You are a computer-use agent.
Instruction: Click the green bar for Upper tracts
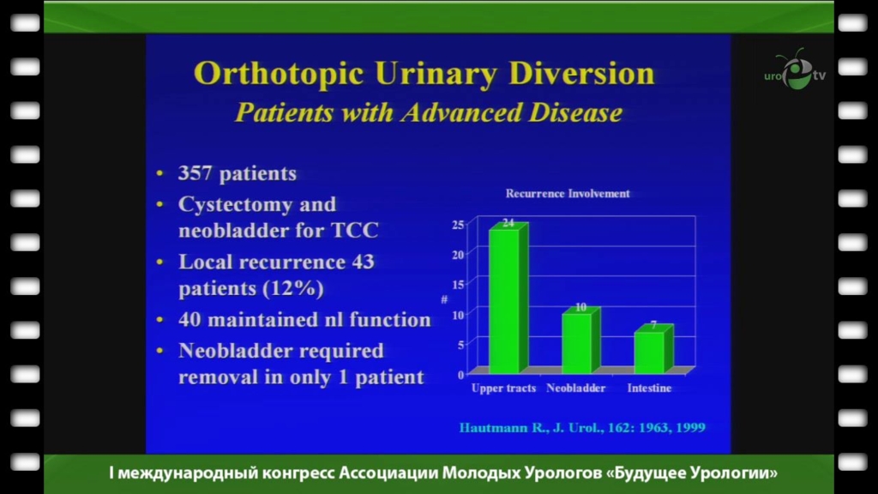click(508, 298)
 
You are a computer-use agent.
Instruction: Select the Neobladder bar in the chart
click(581, 340)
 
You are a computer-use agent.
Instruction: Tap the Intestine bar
click(653, 349)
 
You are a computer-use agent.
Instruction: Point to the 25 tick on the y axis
click(458, 225)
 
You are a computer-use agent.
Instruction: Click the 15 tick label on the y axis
click(458, 285)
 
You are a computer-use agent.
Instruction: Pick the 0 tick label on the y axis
click(460, 375)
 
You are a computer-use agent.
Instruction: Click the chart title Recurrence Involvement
click(568, 193)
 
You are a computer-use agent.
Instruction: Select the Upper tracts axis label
click(503, 388)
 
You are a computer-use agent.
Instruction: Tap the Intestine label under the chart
click(649, 388)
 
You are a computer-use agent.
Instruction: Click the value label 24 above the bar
click(508, 222)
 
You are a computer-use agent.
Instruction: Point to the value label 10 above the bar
click(580, 307)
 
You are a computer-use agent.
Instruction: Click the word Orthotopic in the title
click(279, 75)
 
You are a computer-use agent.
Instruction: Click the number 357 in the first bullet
click(195, 173)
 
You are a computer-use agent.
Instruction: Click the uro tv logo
click(795, 70)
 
